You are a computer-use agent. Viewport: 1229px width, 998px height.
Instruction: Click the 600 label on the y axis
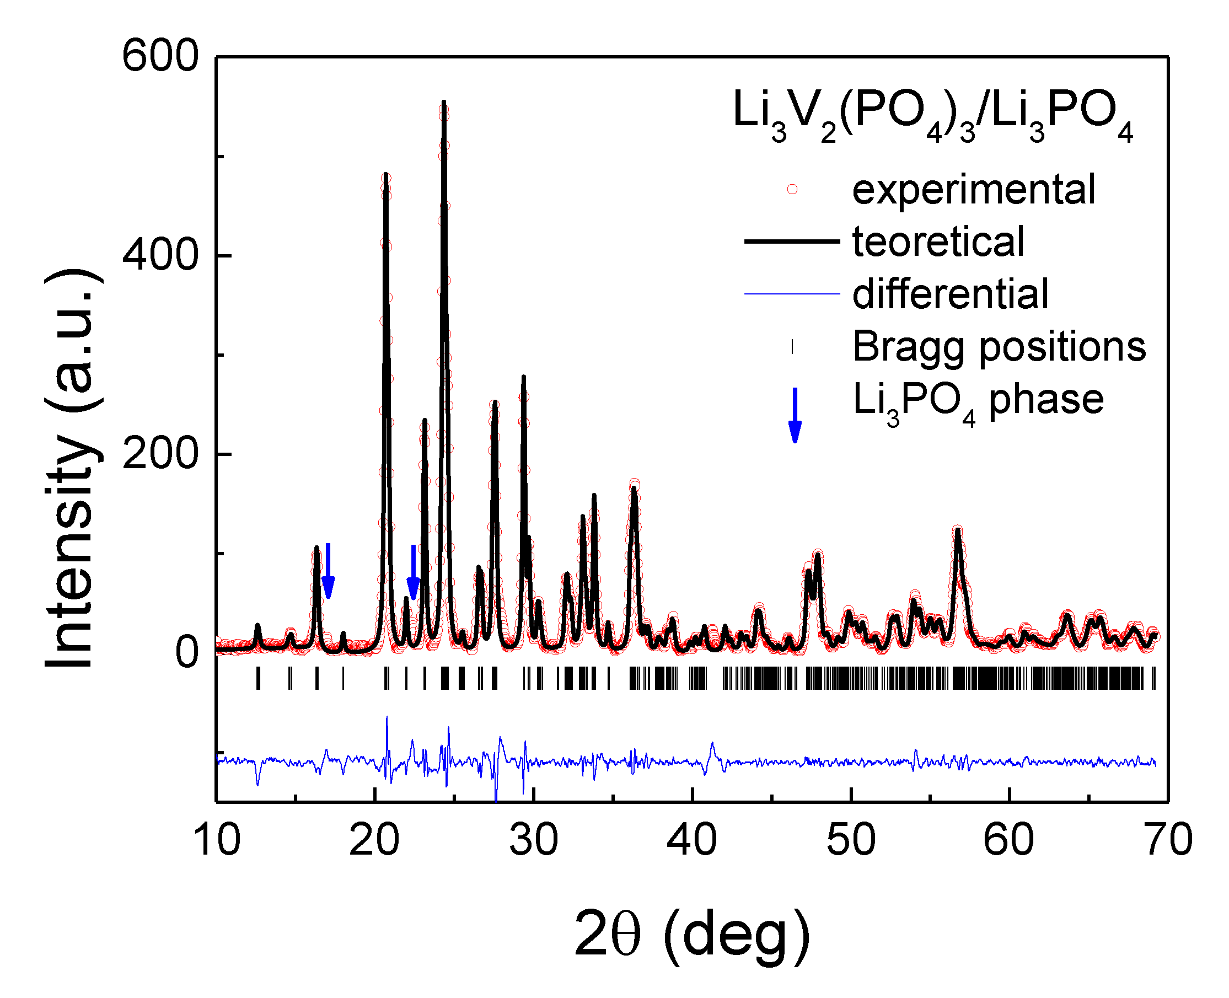pos(160,57)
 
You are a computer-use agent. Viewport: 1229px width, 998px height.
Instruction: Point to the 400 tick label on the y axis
pos(160,255)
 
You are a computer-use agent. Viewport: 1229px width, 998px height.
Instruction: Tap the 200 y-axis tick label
pos(160,454)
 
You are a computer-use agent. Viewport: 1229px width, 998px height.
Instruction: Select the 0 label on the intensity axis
pos(187,652)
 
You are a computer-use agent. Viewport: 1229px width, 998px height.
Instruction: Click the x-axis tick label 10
pos(217,840)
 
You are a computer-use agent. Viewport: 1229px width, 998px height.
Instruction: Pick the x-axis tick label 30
pos(533,840)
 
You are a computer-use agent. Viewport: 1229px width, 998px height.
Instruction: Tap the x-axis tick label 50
pos(851,840)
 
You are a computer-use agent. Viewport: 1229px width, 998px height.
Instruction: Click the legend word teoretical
pos(938,242)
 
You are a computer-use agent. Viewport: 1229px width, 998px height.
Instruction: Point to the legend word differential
pos(950,294)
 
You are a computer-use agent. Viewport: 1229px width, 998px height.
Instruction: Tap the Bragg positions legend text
pos(999,347)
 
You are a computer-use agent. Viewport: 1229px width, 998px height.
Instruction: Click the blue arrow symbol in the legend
pos(795,415)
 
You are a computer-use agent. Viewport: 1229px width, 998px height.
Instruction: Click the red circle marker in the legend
pos(792,189)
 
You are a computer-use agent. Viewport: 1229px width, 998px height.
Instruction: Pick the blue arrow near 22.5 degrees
pos(414,572)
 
